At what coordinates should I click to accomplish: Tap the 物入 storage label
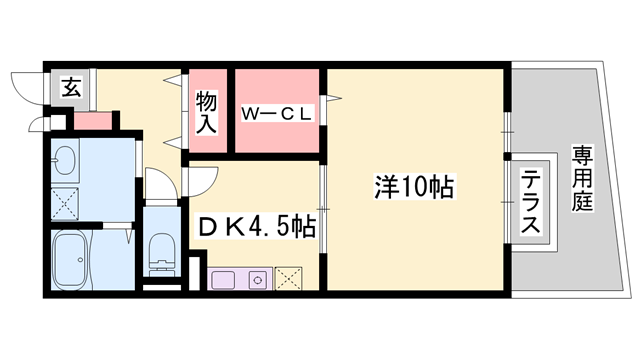[x=206, y=111]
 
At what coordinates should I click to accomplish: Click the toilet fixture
[x=161, y=249]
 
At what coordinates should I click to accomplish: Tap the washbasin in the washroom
[x=67, y=160]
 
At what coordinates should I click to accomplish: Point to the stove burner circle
[x=256, y=278]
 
